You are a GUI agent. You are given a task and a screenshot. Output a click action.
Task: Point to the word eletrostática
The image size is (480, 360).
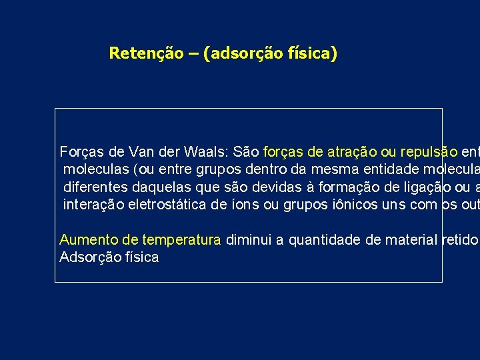pos(167,203)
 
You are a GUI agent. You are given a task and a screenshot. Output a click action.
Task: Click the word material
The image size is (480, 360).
pos(410,240)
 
